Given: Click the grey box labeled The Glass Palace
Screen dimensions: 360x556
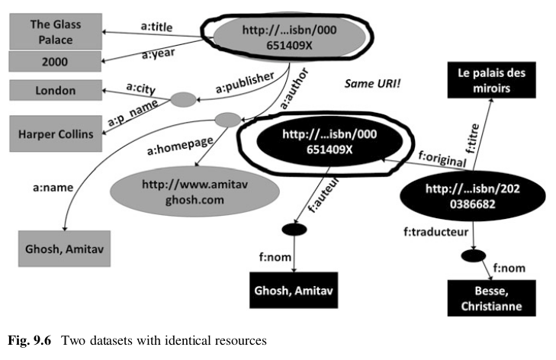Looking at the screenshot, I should (x=55, y=31).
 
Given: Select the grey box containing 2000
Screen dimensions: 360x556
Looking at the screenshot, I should (x=55, y=60).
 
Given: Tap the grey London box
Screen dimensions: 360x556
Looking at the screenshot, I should (x=55, y=91).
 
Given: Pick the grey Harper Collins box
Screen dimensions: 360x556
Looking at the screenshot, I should (x=55, y=135).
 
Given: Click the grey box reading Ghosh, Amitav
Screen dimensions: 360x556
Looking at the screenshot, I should (x=65, y=249).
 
